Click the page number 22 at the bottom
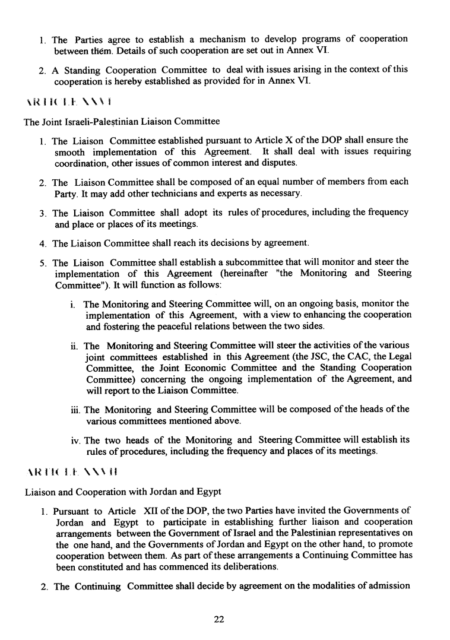pos(218,619)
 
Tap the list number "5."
pos(43,263)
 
